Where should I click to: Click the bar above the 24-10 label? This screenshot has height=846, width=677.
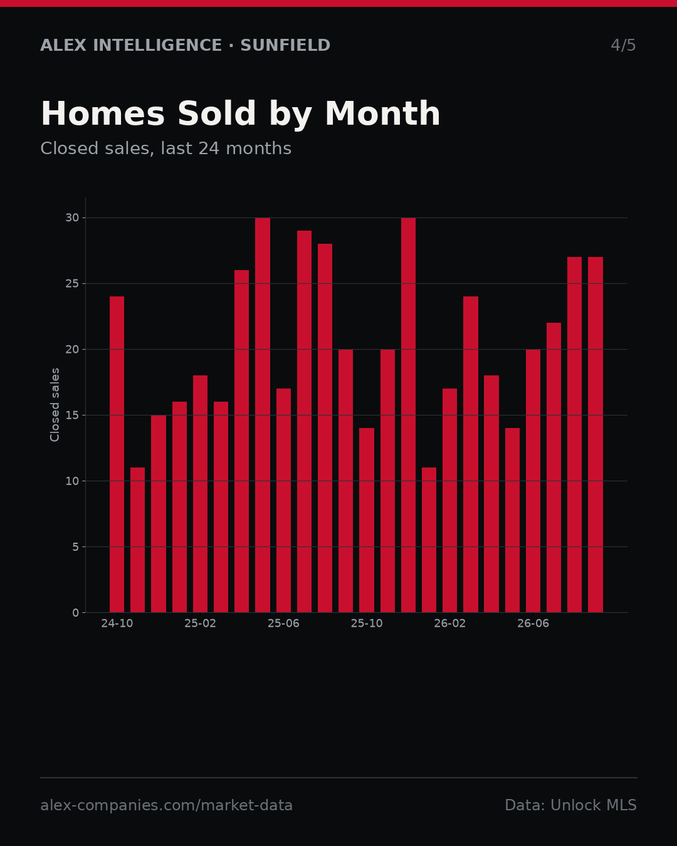click(x=117, y=454)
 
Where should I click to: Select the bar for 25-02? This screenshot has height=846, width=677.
click(x=200, y=494)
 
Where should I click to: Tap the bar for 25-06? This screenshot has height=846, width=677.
click(x=283, y=500)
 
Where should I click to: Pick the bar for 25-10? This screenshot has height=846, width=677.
click(x=367, y=520)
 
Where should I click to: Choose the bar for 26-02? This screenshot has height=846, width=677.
click(x=449, y=500)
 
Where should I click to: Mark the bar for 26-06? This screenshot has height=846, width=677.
click(x=533, y=481)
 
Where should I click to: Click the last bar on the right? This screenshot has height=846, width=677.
click(x=596, y=434)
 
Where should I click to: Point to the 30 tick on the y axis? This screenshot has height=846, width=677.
click(x=72, y=218)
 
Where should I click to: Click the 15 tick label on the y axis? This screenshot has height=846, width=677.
click(x=72, y=415)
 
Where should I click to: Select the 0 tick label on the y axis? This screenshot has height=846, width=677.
click(x=76, y=612)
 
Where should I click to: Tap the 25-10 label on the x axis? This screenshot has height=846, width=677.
click(x=367, y=624)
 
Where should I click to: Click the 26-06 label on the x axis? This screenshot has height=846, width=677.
click(x=533, y=624)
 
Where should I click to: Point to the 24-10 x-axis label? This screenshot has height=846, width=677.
click(x=117, y=624)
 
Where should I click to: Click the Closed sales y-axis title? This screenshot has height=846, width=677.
click(x=55, y=405)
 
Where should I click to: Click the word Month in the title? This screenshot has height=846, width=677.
click(x=382, y=113)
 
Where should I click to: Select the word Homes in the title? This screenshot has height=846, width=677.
click(x=103, y=113)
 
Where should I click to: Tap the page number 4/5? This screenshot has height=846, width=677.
click(x=623, y=45)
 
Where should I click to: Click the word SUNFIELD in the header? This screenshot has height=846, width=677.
click(x=285, y=45)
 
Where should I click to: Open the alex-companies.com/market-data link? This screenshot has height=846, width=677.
click(x=166, y=805)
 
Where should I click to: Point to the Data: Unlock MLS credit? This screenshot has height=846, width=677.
click(x=571, y=805)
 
